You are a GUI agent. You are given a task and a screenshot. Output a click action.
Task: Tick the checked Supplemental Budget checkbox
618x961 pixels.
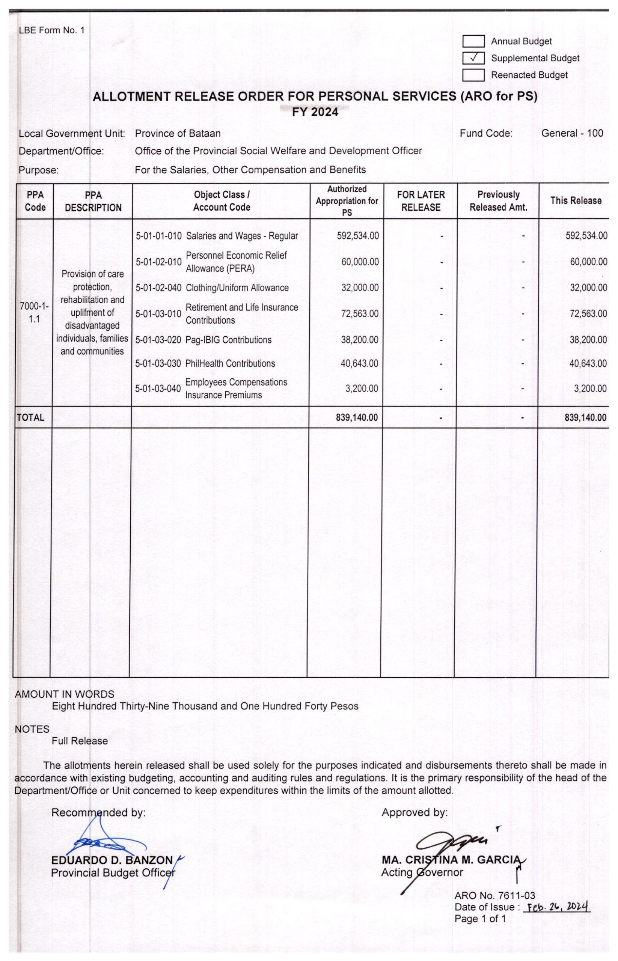point(473,58)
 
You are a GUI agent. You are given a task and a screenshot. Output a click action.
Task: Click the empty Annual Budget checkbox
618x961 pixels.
point(473,41)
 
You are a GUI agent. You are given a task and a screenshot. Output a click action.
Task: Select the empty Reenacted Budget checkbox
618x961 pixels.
point(473,75)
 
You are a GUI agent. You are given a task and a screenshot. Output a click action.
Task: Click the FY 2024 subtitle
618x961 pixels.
point(315,112)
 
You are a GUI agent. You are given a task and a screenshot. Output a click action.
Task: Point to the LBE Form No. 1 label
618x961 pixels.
point(52,30)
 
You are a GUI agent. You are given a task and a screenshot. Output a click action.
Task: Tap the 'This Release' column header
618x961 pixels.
point(576,200)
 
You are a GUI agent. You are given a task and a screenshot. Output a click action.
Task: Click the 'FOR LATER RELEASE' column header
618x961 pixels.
point(421,201)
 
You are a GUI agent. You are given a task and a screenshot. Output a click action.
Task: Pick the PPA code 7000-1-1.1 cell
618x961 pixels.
point(35,313)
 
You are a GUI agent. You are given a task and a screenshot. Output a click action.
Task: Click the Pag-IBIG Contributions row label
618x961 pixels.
point(228,340)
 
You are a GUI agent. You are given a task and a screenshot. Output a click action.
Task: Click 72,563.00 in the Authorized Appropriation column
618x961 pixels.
point(360,314)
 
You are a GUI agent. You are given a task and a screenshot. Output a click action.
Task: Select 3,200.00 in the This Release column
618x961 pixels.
point(590,389)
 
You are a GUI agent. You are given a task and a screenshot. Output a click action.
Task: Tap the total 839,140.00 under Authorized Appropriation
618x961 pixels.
point(357,417)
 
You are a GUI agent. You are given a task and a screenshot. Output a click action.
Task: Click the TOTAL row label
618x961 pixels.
point(30,417)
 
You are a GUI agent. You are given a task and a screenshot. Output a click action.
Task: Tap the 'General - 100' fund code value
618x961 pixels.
point(572,133)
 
